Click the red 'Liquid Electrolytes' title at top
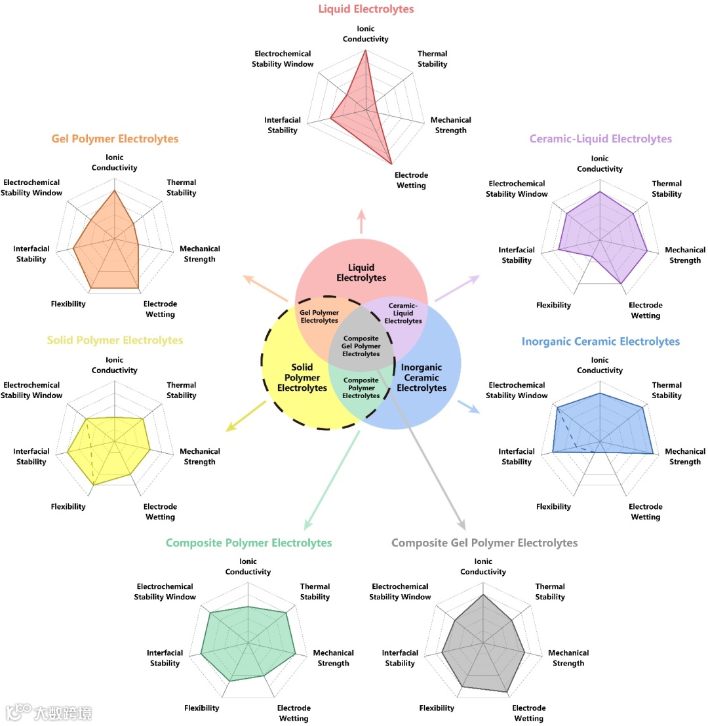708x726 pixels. click(x=366, y=9)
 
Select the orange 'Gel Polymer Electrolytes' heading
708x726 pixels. click(x=115, y=139)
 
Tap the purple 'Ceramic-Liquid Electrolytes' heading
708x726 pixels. click(x=600, y=139)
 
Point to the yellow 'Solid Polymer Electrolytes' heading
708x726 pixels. click(x=115, y=340)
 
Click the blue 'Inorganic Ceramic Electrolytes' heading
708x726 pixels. click(x=600, y=342)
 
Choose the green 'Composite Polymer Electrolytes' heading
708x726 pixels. click(x=248, y=543)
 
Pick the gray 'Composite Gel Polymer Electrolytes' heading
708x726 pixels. click(x=484, y=543)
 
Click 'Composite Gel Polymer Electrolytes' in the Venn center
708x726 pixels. click(x=361, y=346)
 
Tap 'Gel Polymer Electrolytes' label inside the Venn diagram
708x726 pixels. click(x=319, y=317)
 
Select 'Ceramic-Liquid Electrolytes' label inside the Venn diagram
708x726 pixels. click(x=403, y=313)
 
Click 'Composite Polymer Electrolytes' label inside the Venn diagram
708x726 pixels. click(x=361, y=388)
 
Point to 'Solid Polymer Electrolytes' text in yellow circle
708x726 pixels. click(x=302, y=378)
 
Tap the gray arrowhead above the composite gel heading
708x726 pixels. click(x=461, y=524)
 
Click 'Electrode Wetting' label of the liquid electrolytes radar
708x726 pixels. click(x=411, y=180)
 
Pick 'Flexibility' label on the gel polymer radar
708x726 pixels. click(x=68, y=304)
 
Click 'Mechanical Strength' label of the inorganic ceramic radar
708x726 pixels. click(x=685, y=456)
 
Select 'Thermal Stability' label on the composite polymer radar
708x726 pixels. click(x=315, y=592)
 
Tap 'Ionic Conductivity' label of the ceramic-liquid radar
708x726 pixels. click(x=600, y=164)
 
